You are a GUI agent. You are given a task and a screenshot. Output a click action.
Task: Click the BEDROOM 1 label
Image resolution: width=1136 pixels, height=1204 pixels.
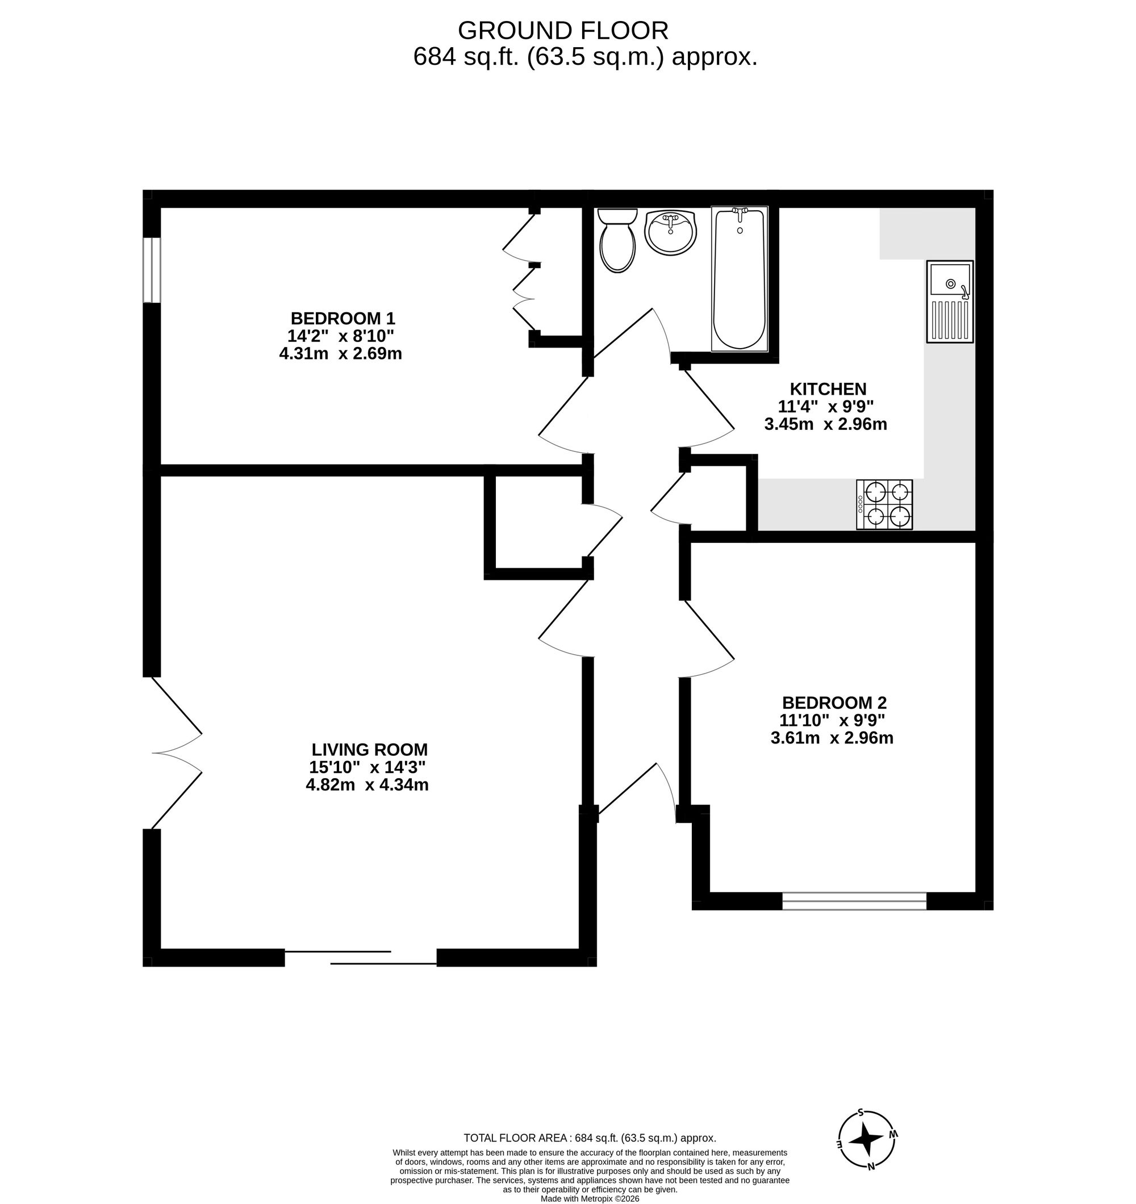point(343,319)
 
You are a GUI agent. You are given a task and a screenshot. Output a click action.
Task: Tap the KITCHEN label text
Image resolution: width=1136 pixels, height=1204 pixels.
point(828,389)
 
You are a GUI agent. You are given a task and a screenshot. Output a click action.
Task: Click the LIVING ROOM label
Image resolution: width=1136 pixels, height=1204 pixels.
point(369,750)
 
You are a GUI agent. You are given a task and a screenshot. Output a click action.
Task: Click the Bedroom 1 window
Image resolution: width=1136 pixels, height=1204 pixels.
point(152,270)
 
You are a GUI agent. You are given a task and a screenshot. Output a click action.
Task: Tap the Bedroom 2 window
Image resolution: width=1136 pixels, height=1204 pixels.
point(854,901)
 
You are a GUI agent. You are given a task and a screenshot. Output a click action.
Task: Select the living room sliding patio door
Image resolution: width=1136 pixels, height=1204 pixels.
point(361,958)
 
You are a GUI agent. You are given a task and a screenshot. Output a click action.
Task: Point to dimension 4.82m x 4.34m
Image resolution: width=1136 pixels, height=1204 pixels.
point(367,785)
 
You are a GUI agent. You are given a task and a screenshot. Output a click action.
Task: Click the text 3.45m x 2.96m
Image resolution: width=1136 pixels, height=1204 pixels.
point(825,425)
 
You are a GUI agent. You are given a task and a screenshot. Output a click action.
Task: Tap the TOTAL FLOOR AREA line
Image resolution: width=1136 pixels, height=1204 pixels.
point(590,1138)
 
